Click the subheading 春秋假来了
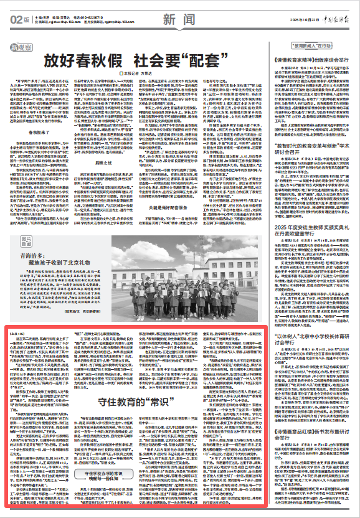(x=35, y=115)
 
